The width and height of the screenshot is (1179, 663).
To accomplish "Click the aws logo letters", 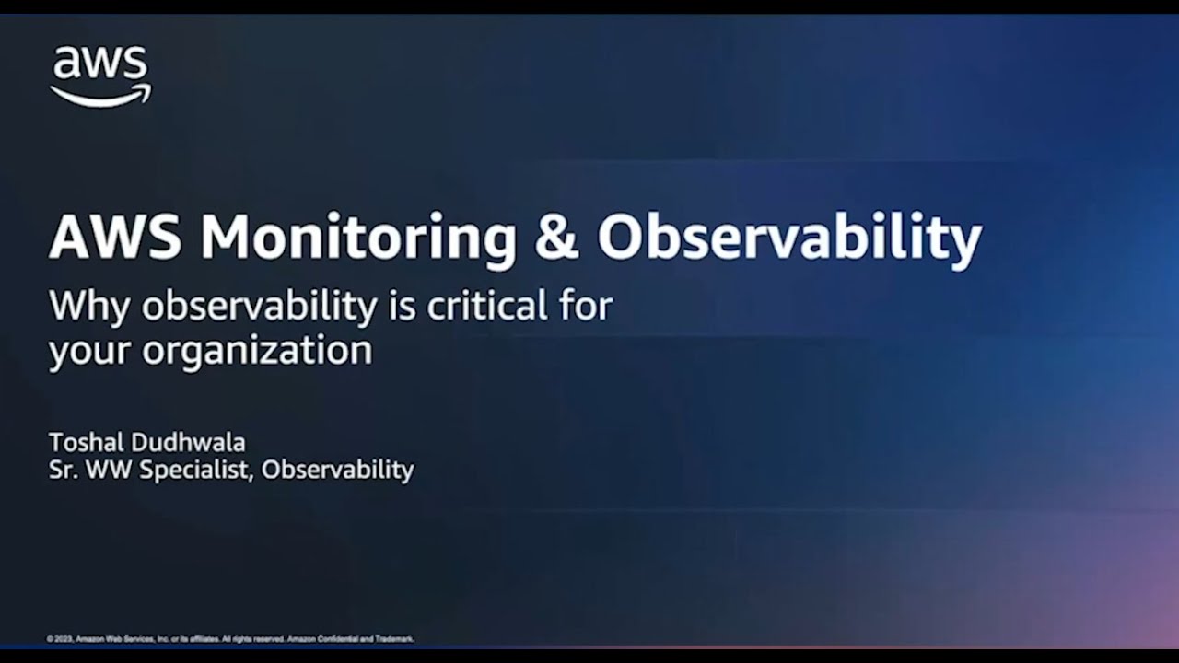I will coord(99,64).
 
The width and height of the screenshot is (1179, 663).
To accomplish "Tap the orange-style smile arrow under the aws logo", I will coord(101,96).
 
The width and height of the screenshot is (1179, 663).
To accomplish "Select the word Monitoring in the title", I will coord(358,238).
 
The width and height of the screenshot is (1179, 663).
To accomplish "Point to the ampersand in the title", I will coord(556,238).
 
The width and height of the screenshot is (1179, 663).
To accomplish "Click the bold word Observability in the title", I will coord(789,238).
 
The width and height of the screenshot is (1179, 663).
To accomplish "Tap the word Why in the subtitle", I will coord(89,307).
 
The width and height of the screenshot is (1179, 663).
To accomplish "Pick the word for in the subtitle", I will coord(586,305).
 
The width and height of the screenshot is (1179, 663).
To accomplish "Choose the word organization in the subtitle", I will coord(256,351).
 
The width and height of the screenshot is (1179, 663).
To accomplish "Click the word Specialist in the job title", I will coord(194,470).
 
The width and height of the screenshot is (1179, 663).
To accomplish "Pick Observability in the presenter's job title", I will coord(337,470).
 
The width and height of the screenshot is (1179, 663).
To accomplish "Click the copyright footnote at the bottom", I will coord(230,638).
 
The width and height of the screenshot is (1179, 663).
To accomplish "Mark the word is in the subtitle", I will coord(403,305).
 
